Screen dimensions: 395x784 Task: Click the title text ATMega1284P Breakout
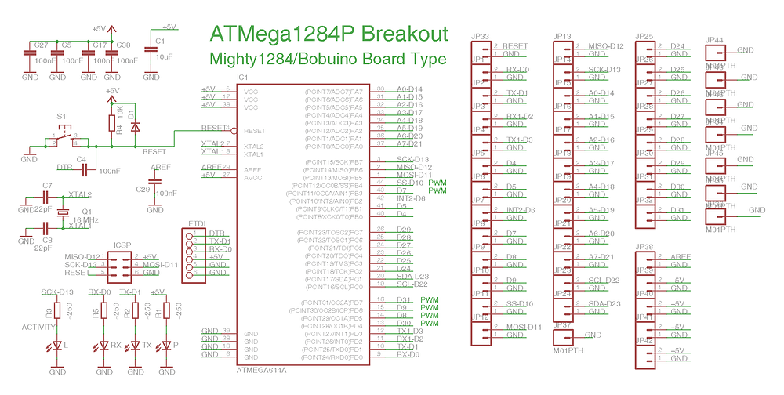(x=328, y=35)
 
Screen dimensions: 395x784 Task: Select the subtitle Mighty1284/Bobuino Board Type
(x=327, y=60)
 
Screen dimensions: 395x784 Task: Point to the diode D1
(x=135, y=125)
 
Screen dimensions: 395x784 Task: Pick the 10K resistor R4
(x=111, y=123)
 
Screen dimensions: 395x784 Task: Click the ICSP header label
(x=122, y=245)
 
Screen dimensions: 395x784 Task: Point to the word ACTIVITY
(x=39, y=327)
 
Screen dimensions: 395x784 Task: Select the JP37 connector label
(x=561, y=324)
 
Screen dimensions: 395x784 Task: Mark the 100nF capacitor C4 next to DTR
(x=82, y=168)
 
